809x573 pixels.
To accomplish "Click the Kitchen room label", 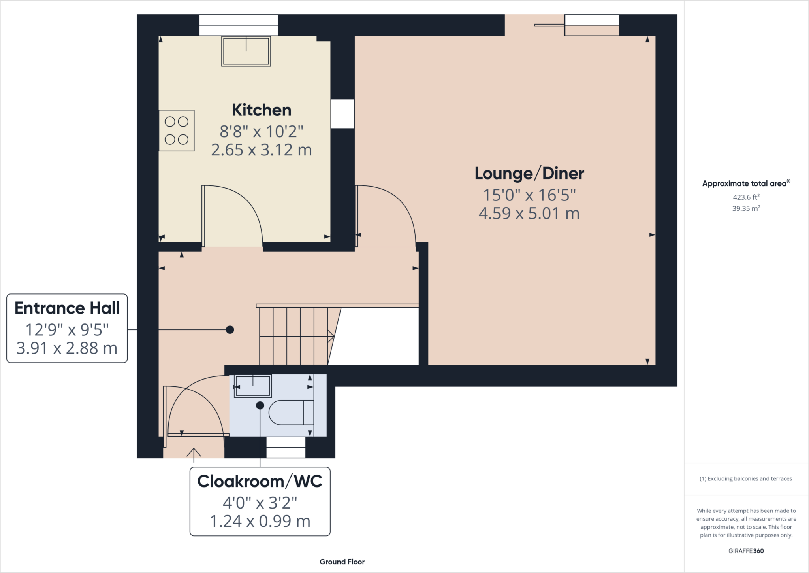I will coord(262,110).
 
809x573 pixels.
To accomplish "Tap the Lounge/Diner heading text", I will coord(529,174).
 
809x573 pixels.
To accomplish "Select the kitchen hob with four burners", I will coord(177,130).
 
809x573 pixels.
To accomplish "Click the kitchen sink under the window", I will coord(246,51).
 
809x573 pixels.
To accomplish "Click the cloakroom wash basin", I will coord(253,386).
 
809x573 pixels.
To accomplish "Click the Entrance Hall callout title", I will coord(67,308).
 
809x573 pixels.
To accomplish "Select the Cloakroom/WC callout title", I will coord(260,482).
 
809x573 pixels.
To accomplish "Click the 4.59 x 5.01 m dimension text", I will coord(529,214).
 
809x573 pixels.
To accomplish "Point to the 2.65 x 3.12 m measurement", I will coord(262,150).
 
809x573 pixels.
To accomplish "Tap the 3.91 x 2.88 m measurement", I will coord(67,348).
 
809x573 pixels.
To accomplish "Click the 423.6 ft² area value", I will coord(746,197).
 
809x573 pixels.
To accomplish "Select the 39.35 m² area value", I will coord(746,208).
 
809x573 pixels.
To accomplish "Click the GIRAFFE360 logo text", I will coord(746,551).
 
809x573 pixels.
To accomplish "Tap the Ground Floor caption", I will coord(342,562).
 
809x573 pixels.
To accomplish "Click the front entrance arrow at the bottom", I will coord(194,454).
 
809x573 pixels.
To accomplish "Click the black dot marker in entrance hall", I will coord(230,330).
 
